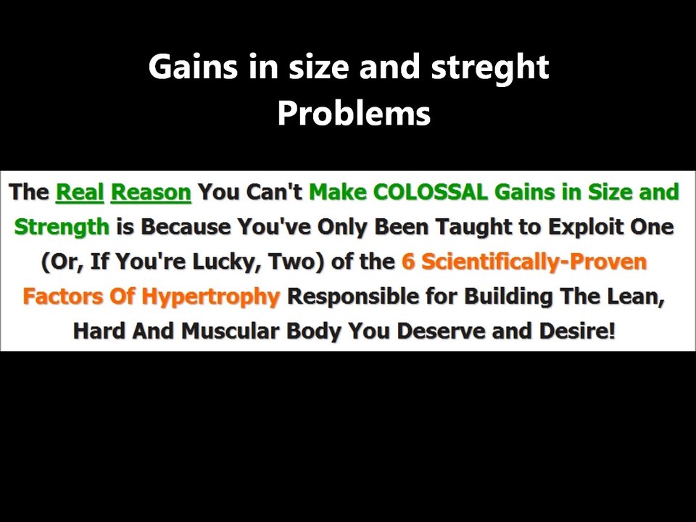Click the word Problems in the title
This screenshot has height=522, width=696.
[354, 114]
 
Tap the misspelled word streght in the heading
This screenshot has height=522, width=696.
[490, 67]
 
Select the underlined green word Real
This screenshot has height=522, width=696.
[79, 193]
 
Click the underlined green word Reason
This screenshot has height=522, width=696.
[151, 193]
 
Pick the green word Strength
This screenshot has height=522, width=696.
[62, 227]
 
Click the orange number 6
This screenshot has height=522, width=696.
[408, 262]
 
